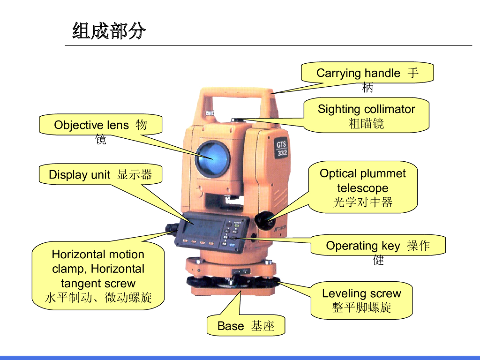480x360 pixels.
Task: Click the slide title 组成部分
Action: (109, 31)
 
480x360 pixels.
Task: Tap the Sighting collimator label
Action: (367, 115)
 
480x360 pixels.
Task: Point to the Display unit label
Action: (100, 175)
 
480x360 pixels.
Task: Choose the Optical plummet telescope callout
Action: (363, 187)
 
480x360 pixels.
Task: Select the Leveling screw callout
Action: (361, 300)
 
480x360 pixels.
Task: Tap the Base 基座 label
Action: (246, 326)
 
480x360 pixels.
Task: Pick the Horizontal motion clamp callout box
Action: (98, 276)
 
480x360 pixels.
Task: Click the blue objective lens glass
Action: (213, 157)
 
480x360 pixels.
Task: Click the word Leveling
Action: (344, 293)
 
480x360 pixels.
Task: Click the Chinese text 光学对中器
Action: (363, 202)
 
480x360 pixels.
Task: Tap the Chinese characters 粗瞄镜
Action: (367, 123)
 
